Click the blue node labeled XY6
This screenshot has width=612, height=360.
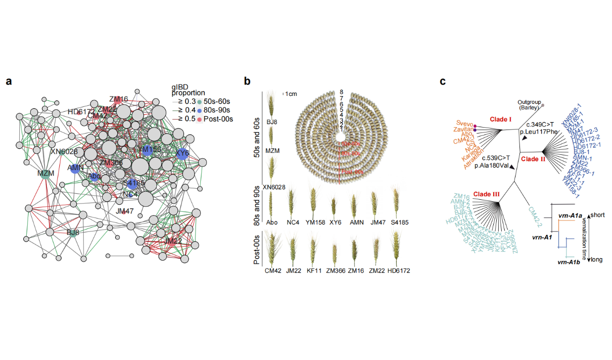tap(183, 153)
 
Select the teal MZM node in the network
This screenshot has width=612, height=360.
tap(46, 173)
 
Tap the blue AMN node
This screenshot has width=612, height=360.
tap(75, 168)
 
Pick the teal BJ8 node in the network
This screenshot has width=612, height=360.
tap(73, 231)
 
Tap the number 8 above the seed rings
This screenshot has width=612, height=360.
tap(341, 92)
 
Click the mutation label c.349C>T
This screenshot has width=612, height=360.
tap(540, 125)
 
